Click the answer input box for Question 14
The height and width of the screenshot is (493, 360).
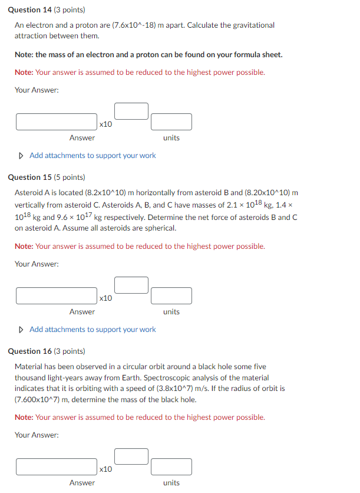click(x=57, y=122)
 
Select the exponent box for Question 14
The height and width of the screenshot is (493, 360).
click(x=131, y=111)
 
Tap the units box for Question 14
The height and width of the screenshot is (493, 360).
click(x=171, y=122)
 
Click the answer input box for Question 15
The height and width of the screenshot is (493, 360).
click(x=57, y=295)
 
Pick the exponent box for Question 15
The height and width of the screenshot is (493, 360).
click(x=131, y=285)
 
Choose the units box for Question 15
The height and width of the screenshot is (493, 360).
click(x=171, y=295)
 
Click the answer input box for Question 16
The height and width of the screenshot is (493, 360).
click(x=57, y=467)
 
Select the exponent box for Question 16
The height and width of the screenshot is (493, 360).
click(x=131, y=456)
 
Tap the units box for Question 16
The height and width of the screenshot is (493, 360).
click(x=171, y=467)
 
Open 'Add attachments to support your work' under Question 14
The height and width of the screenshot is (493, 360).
click(x=93, y=156)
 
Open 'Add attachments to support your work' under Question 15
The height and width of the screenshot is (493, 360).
click(x=93, y=329)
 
